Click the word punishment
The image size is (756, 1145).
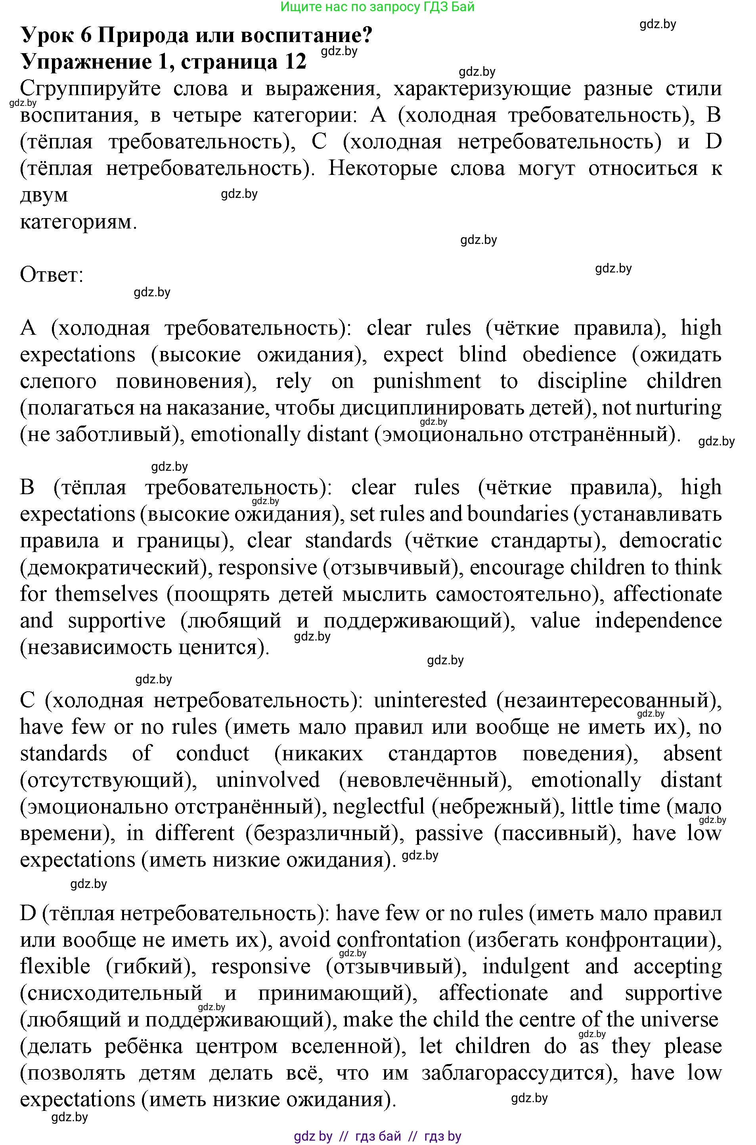(427, 381)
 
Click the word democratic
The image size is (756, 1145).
(670, 541)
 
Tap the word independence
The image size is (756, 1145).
(658, 621)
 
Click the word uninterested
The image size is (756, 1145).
(430, 701)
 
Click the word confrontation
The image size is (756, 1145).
(399, 940)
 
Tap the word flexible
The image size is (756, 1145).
(55, 967)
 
